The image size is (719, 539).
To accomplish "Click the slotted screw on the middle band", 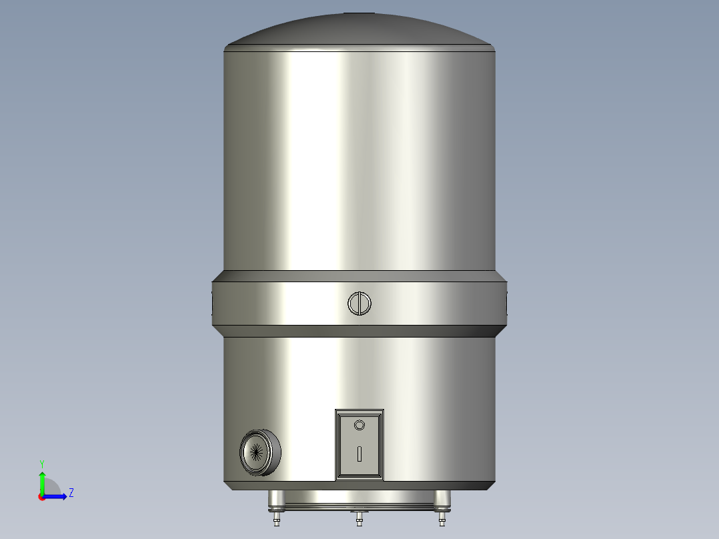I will [359, 304].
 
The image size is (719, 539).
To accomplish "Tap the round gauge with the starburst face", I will [258, 452].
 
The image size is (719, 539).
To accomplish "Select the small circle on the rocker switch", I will [359, 425].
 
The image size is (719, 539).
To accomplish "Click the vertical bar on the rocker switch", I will [359, 454].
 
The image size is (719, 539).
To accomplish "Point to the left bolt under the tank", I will [277, 518].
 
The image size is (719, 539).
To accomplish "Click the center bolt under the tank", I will [359, 518].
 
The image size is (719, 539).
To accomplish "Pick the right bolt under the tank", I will [442, 518].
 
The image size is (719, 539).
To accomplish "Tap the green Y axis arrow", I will [42, 479].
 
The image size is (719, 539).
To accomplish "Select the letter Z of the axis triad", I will [71, 493].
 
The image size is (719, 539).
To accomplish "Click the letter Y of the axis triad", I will [42, 463].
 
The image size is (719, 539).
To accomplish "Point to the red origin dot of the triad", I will [41, 497].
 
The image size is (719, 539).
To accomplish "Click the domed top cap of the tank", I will [359, 30].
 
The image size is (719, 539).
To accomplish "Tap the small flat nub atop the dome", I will [359, 13].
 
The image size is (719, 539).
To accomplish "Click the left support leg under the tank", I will [274, 498].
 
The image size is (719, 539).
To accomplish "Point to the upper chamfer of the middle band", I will [359, 276].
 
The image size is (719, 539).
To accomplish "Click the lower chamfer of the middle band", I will [359, 330].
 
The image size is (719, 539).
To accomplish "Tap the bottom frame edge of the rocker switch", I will [359, 478].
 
